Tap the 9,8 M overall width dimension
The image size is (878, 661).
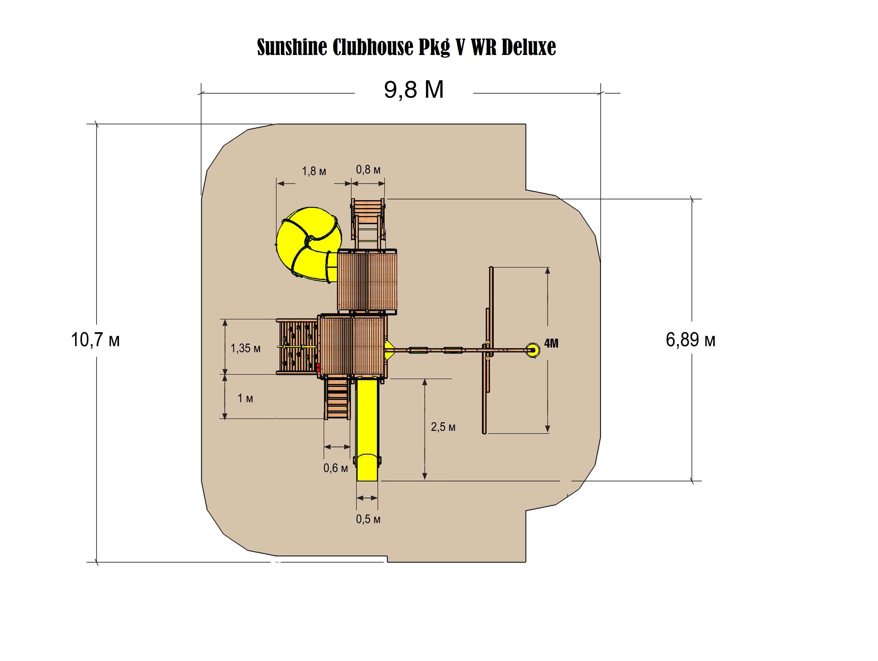[x=413, y=90]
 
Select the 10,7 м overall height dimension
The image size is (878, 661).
[x=95, y=340]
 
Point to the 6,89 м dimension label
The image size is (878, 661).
[x=690, y=340]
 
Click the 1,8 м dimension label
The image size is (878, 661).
[x=314, y=171]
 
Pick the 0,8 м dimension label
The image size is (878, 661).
[x=368, y=170]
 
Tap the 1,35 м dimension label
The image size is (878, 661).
[x=246, y=348]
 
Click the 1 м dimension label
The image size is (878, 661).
[x=245, y=398]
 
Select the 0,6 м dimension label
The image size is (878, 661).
[x=335, y=468]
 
